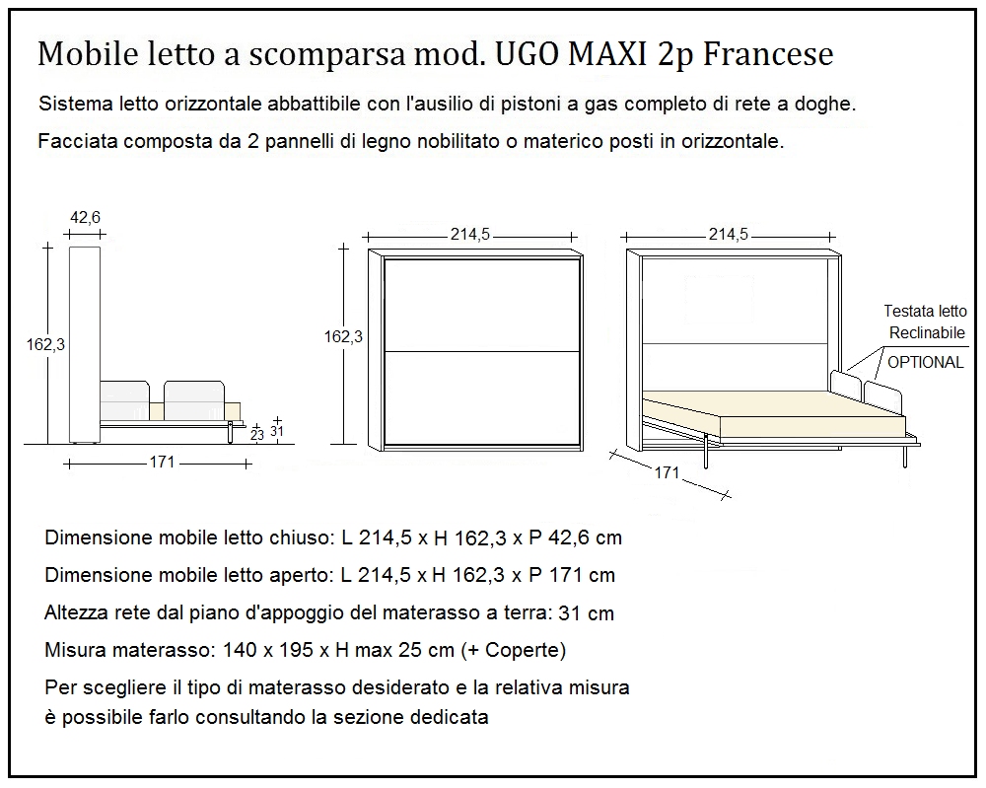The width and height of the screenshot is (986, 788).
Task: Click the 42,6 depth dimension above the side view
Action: tap(85, 218)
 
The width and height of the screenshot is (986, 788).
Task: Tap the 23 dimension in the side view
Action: tap(257, 433)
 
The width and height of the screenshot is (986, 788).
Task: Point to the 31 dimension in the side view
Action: tap(277, 431)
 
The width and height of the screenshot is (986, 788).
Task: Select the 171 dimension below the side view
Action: tap(162, 462)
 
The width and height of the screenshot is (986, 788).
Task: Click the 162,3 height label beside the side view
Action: tap(45, 344)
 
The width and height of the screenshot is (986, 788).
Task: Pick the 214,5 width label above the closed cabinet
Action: tap(470, 235)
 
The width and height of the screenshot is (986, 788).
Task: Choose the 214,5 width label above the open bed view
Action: tap(728, 235)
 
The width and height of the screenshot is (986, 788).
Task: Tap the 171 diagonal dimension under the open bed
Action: tap(667, 472)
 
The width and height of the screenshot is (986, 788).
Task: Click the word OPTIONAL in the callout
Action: tap(925, 362)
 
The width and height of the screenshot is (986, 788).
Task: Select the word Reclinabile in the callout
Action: tap(927, 333)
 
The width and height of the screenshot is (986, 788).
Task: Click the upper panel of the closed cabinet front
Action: tap(480, 304)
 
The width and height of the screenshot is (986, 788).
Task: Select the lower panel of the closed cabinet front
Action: tap(480, 396)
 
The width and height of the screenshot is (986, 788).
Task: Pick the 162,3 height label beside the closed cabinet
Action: tap(343, 336)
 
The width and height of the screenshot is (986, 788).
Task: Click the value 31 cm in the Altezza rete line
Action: tap(586, 613)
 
